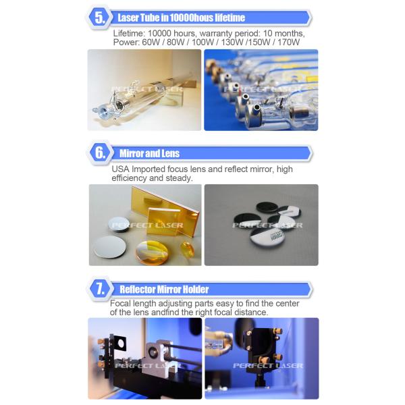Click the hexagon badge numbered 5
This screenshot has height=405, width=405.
[x=100, y=18]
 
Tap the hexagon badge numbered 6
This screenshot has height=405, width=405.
[x=101, y=153]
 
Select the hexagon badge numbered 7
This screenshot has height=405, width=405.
[x=101, y=288]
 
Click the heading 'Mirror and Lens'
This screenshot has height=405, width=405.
[x=149, y=153]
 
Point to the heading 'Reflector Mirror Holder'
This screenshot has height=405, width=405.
[x=164, y=290]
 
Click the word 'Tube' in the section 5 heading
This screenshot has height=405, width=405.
[x=148, y=18]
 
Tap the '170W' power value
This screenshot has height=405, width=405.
[x=288, y=43]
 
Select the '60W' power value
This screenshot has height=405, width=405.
[x=151, y=43]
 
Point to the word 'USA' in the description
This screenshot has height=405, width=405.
[x=120, y=169]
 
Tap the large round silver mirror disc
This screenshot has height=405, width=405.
[x=109, y=247]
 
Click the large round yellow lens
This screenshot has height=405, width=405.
[x=153, y=252]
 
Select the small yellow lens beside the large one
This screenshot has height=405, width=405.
[x=187, y=250]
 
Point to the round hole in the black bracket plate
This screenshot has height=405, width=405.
[x=121, y=344]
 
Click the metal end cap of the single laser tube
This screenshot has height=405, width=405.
[x=101, y=111]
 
